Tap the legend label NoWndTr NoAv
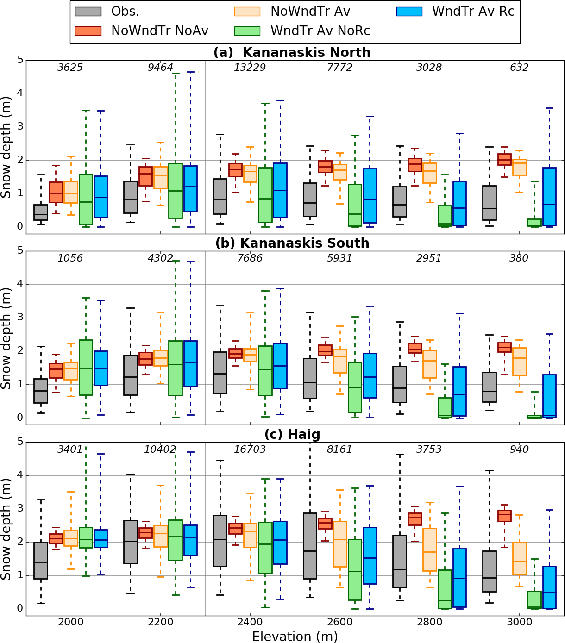click(160, 31)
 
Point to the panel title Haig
click(292, 434)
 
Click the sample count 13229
click(250, 68)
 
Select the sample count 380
click(519, 258)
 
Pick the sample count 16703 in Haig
click(250, 449)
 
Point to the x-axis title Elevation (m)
click(295, 637)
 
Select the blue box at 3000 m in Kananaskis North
click(549, 197)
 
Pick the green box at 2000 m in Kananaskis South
click(86, 367)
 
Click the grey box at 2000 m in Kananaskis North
click(41, 212)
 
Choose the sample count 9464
click(160, 68)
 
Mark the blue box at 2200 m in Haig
click(190, 540)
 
